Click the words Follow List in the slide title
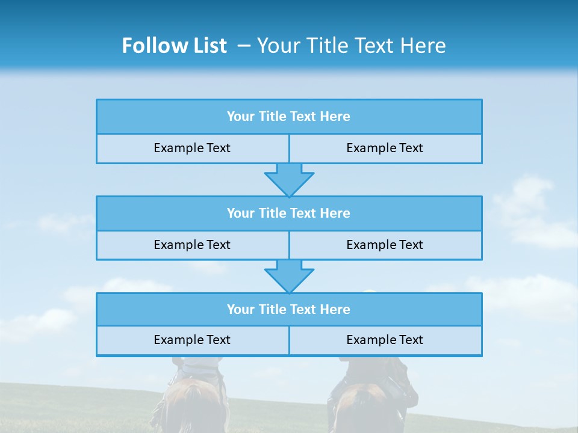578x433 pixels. tap(174, 46)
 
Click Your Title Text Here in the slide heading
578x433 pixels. tap(351, 46)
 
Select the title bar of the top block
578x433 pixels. tap(289, 117)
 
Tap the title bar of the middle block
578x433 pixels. tap(289, 213)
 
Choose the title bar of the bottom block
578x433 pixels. tap(289, 310)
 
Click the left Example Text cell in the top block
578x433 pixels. tap(192, 148)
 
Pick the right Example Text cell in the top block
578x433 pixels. tap(385, 148)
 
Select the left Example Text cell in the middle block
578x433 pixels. tap(192, 245)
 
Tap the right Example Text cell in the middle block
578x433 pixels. tap(385, 245)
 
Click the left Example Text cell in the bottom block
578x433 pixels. tap(192, 340)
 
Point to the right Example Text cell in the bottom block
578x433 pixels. tap(385, 340)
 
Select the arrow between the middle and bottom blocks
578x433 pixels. tap(289, 276)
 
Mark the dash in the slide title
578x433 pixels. tap(244, 46)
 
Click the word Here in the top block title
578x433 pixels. tap(335, 117)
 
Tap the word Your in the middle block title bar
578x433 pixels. tap(241, 213)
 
